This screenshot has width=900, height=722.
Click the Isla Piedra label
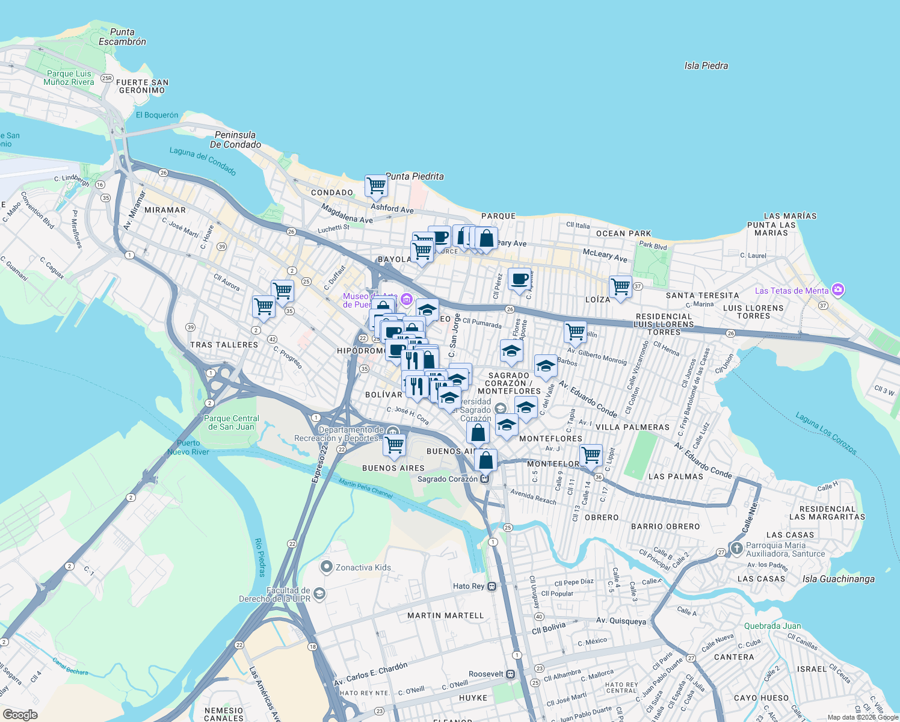[706, 66]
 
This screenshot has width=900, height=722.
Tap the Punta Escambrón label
[122, 37]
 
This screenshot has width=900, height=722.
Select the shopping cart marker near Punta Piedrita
[376, 185]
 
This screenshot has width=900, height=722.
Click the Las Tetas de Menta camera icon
[837, 290]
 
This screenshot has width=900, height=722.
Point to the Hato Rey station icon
[492, 586]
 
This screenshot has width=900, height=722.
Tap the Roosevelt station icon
[510, 674]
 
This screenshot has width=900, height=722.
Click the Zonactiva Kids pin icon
[327, 567]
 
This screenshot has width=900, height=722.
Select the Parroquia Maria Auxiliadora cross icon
[736, 549]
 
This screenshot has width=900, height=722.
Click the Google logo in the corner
[20, 714]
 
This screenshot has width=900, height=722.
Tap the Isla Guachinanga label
[838, 579]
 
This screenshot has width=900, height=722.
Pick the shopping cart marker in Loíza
[620, 286]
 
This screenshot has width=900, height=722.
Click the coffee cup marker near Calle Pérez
[519, 279]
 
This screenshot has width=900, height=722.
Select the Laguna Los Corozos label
[825, 433]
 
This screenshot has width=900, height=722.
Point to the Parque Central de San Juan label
[232, 422]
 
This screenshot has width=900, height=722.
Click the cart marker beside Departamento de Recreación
[394, 445]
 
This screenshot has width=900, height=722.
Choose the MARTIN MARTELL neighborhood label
[445, 616]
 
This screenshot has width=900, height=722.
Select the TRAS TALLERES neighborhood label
[224, 345]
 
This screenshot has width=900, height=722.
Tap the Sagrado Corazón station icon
[485, 479]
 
